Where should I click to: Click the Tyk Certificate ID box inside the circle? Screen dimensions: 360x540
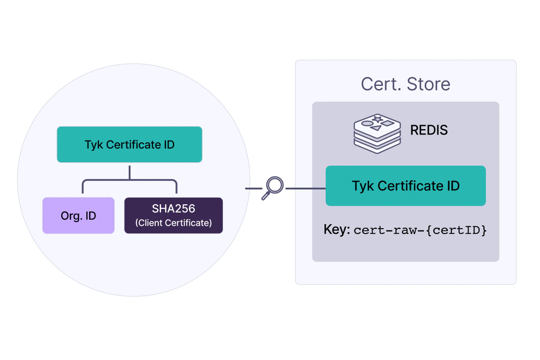pyautogui.click(x=129, y=144)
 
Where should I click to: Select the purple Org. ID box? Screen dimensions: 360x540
pyautogui.click(x=78, y=216)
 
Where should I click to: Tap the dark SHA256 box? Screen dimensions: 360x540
pyautogui.click(x=173, y=216)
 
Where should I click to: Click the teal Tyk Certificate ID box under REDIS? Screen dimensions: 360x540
pyautogui.click(x=405, y=186)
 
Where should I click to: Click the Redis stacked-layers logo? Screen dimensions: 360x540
pyautogui.click(x=377, y=134)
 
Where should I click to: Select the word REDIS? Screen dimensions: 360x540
pyautogui.click(x=429, y=130)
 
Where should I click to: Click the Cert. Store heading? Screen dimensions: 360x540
pyautogui.click(x=405, y=84)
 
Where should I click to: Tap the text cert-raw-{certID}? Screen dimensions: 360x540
pyautogui.click(x=420, y=230)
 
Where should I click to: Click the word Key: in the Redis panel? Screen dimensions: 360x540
pyautogui.click(x=337, y=230)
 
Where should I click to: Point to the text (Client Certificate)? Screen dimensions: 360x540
pyautogui.click(x=173, y=223)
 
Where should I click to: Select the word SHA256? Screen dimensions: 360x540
pyautogui.click(x=173, y=210)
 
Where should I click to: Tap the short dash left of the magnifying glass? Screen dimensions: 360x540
pyautogui.click(x=253, y=189)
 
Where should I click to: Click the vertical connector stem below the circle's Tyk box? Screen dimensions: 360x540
pyautogui.click(x=130, y=172)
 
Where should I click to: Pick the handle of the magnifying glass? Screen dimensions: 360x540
pyautogui.click(x=265, y=196)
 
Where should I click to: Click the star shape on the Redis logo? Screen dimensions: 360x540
pyautogui.click(x=378, y=119)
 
